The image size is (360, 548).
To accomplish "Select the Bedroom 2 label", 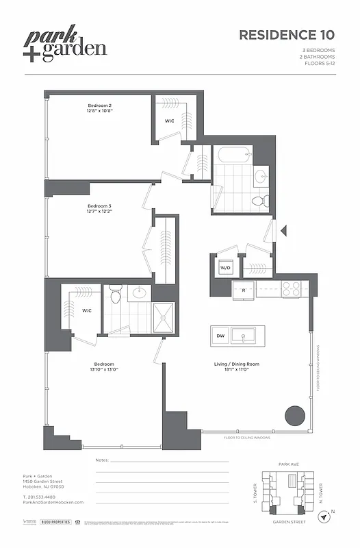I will pyautogui.click(x=99, y=106).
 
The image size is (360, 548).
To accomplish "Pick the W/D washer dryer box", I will pyautogui.click(x=225, y=267).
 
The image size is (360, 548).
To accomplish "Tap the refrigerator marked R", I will pyautogui.click(x=244, y=290).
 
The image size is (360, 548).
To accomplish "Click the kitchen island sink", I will pyautogui.click(x=243, y=336).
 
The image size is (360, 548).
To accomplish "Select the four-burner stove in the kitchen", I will pyautogui.click(x=291, y=289).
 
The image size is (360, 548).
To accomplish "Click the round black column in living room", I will pyautogui.click(x=294, y=415).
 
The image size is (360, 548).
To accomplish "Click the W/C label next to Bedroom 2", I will pyautogui.click(x=169, y=121).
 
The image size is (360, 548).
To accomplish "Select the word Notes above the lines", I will pyautogui.click(x=102, y=460).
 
